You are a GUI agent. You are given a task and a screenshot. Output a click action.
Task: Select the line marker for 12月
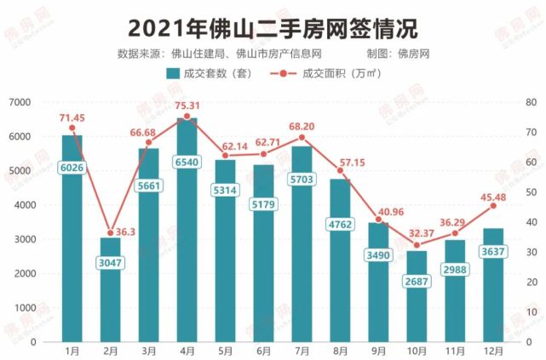click(492, 206)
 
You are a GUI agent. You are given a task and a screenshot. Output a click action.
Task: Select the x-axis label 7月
click(302, 351)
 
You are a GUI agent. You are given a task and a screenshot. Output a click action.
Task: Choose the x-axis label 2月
click(111, 351)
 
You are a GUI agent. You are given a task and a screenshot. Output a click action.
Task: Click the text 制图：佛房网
click(398, 54)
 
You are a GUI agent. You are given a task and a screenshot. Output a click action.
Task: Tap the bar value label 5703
click(302, 180)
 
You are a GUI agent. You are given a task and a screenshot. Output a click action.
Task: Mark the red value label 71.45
click(72, 116)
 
